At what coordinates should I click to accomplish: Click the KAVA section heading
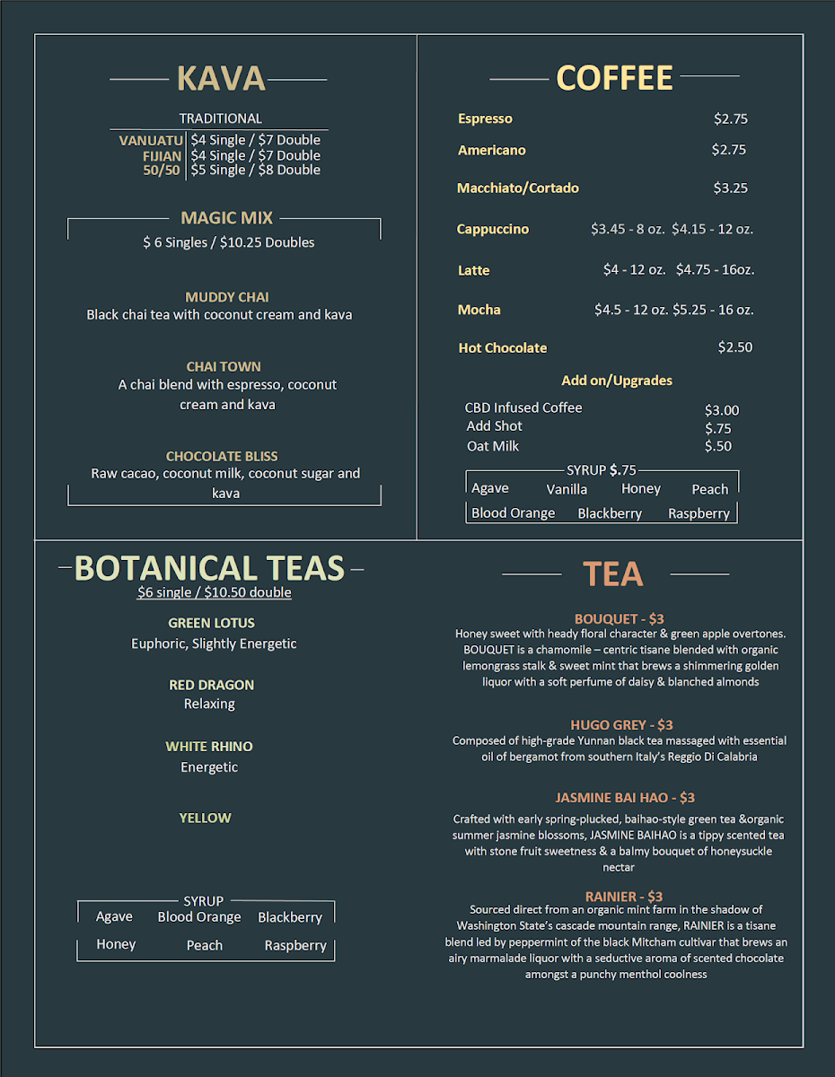(x=221, y=79)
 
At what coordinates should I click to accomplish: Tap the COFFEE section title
(x=614, y=78)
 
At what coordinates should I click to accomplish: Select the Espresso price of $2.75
(x=730, y=118)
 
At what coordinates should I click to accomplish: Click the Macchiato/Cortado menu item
(x=517, y=188)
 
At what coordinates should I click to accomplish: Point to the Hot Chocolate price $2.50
(x=734, y=347)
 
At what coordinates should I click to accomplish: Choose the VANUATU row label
(x=151, y=141)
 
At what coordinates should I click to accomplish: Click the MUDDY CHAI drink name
(x=227, y=297)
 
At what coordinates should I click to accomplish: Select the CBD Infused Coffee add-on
(x=523, y=408)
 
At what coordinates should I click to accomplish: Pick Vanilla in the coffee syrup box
(x=567, y=490)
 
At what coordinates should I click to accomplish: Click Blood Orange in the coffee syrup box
(x=513, y=513)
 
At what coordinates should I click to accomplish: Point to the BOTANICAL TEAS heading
(x=209, y=569)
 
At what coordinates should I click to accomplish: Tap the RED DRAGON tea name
(x=211, y=685)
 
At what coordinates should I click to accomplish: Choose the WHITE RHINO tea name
(x=208, y=747)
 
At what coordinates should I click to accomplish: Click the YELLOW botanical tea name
(x=205, y=818)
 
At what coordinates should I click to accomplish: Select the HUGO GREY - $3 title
(x=621, y=725)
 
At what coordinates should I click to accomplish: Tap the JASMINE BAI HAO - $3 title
(x=624, y=798)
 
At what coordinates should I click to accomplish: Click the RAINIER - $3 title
(x=623, y=897)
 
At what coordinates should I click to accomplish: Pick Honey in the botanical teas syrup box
(x=116, y=945)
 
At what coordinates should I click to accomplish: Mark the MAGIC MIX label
(x=226, y=218)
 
